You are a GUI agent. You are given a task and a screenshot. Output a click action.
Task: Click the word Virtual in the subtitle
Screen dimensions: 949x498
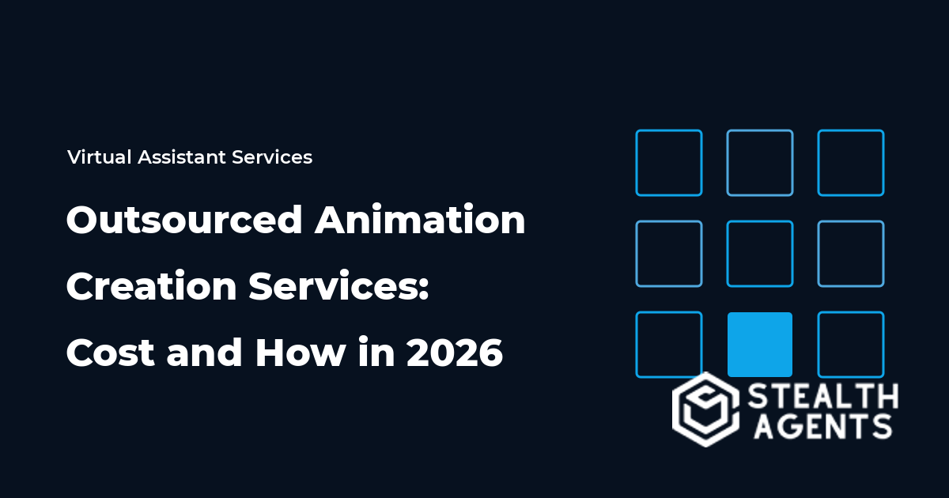pyautogui.click(x=99, y=157)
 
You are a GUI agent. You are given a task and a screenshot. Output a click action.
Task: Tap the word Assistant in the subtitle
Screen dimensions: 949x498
pyautogui.click(x=182, y=157)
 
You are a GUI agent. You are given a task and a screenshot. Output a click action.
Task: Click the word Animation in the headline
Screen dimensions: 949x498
pyautogui.click(x=420, y=220)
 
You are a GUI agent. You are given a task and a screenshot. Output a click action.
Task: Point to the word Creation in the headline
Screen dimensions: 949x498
pyautogui.click(x=151, y=286)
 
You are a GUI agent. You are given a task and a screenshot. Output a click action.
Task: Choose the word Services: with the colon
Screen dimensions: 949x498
pyautogui.click(x=339, y=286)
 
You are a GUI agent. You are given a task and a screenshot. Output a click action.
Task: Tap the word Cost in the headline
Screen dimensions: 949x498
pyautogui.click(x=111, y=353)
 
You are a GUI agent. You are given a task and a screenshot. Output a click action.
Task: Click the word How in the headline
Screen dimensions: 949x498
pyautogui.click(x=301, y=353)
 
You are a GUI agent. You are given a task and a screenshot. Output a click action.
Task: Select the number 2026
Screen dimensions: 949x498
pyautogui.click(x=455, y=353)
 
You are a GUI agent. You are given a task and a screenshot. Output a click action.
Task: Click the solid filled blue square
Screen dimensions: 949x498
pyautogui.click(x=760, y=345)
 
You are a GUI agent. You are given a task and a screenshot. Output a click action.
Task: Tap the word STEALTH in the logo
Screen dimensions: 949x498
pyautogui.click(x=822, y=396)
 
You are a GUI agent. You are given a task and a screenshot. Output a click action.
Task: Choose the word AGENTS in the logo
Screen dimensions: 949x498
pyautogui.click(x=822, y=426)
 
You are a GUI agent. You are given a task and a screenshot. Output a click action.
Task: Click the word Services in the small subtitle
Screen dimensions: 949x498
pyautogui.click(x=272, y=157)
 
